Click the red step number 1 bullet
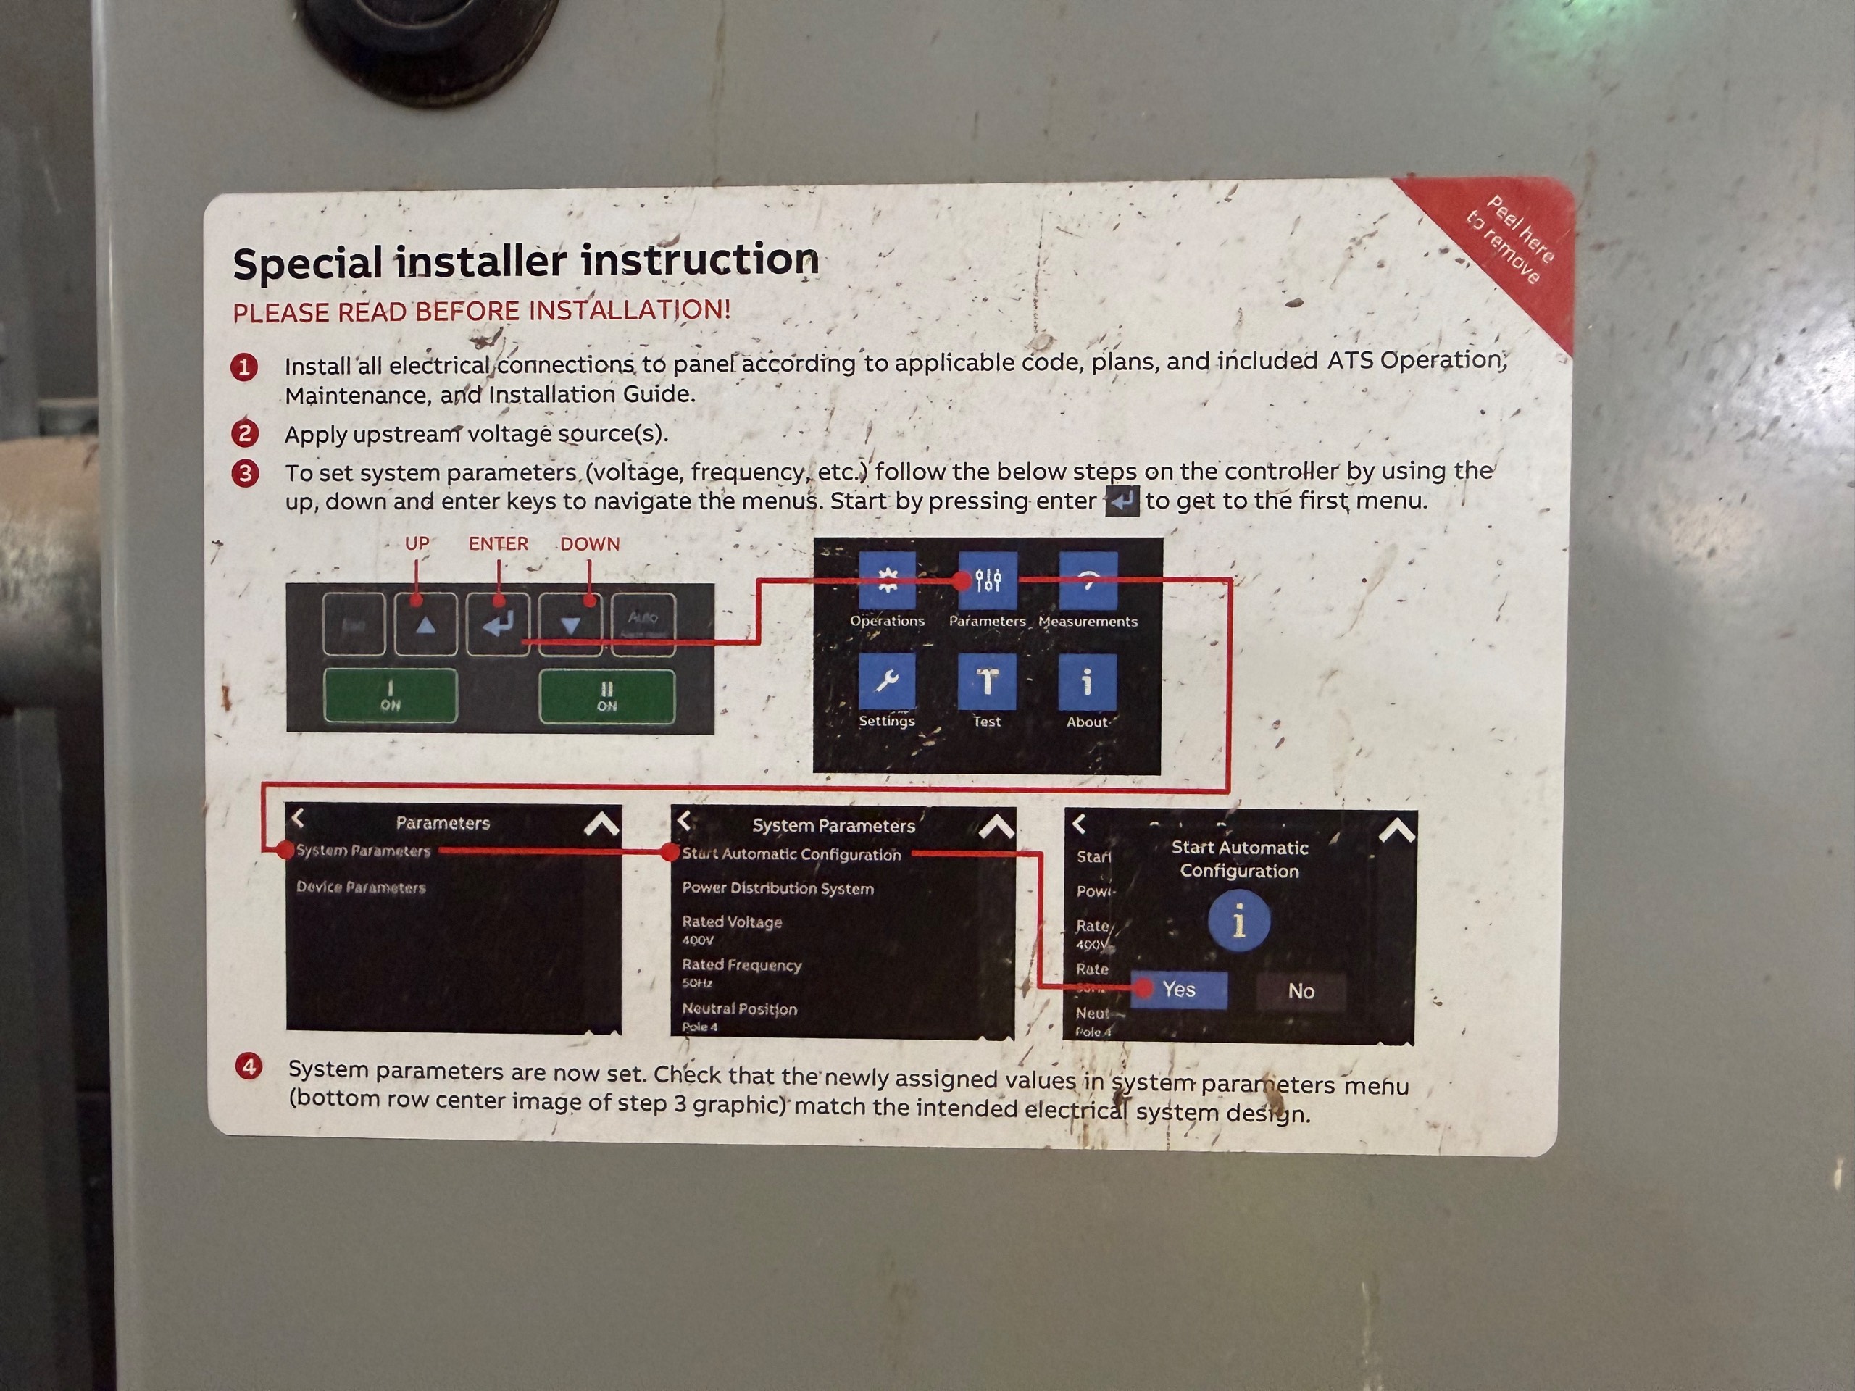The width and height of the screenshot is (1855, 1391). (x=245, y=367)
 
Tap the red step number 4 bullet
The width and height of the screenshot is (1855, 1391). (x=249, y=1066)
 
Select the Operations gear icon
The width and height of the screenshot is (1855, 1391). (x=886, y=580)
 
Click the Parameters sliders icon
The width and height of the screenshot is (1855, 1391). (x=988, y=580)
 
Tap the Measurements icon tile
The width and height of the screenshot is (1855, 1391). (x=1088, y=580)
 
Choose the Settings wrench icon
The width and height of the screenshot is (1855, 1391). (x=886, y=682)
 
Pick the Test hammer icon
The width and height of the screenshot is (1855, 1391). (x=987, y=682)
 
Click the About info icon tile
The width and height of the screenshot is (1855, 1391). (x=1087, y=682)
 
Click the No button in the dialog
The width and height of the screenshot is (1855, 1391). (x=1301, y=991)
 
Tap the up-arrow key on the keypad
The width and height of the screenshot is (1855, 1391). (x=426, y=625)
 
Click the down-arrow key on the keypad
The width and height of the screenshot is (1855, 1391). (x=570, y=625)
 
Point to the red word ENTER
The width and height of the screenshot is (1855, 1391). (x=498, y=544)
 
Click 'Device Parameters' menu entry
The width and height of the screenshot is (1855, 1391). (x=361, y=887)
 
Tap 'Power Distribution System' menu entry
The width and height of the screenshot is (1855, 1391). (x=778, y=889)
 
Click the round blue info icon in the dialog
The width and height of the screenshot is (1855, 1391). (x=1238, y=922)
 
